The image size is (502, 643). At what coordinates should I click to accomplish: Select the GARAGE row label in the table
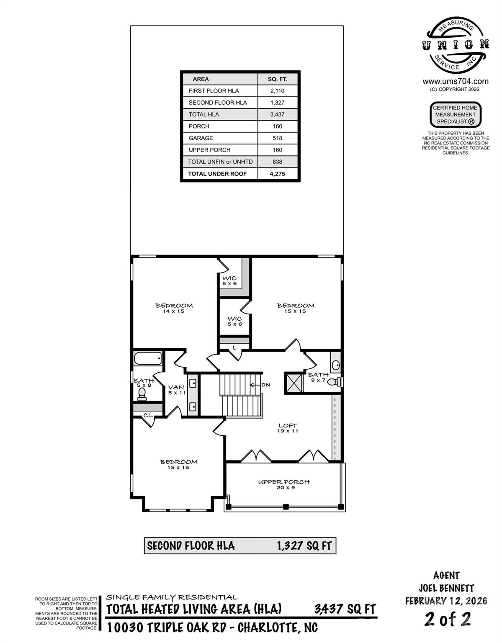pos(201,138)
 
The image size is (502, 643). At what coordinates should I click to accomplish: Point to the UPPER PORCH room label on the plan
pos(284,484)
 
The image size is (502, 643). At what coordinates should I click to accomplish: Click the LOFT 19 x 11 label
pos(288,428)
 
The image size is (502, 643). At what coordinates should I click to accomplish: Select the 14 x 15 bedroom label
pos(174,308)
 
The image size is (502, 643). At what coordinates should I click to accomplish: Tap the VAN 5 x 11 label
pos(176,390)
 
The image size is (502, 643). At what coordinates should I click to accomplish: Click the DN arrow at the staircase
pos(260,384)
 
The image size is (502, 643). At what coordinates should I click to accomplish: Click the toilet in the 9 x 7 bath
pos(333,382)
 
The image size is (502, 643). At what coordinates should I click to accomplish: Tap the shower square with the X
pos(294,382)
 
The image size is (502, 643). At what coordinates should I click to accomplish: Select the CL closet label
pos(147,415)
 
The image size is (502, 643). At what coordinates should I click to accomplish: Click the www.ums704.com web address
pos(456,81)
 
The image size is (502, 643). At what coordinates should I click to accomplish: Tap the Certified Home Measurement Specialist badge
pos(456,114)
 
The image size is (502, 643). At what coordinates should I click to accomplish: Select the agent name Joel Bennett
pos(446,588)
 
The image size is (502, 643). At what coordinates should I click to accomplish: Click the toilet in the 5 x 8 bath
pos(142,394)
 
